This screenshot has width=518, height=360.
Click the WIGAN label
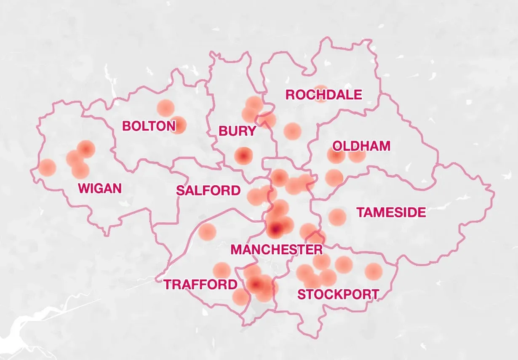100,188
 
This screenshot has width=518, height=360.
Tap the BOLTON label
149,126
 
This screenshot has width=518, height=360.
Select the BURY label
237,131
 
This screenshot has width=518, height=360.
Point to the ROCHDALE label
323,95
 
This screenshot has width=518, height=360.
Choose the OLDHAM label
361,146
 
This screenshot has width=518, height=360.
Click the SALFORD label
208,191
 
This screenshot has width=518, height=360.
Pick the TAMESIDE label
391,213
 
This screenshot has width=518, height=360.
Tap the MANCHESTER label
277,250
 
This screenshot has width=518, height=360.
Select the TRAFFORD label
200,285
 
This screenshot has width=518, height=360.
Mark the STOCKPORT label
338,294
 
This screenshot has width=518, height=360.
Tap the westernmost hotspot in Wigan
47,168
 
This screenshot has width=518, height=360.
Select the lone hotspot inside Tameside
337,217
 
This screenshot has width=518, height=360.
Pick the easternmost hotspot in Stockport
373,272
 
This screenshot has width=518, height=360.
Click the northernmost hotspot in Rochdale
320,93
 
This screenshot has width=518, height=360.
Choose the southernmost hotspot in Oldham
334,178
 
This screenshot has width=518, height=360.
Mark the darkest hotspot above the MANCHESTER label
275,230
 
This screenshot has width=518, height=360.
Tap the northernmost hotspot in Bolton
166,108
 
